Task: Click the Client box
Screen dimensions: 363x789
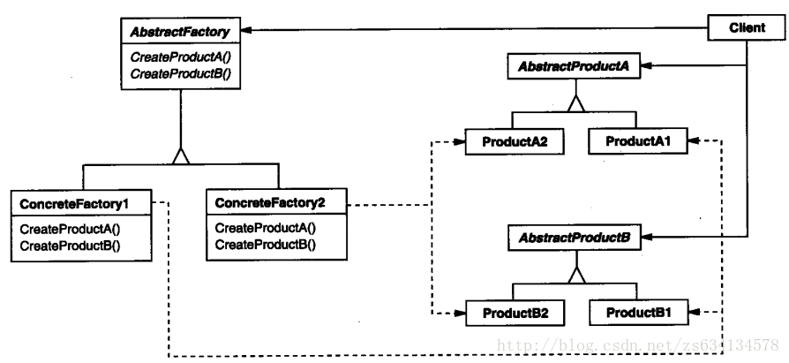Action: [x=747, y=28]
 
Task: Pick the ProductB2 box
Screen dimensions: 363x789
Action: [x=509, y=313]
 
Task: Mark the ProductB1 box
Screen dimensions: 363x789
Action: [x=637, y=313]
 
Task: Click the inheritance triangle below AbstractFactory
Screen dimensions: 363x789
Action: [x=181, y=156]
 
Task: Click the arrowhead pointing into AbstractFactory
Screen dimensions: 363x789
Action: [x=246, y=29]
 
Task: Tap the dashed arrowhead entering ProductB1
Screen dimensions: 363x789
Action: [x=692, y=313]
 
